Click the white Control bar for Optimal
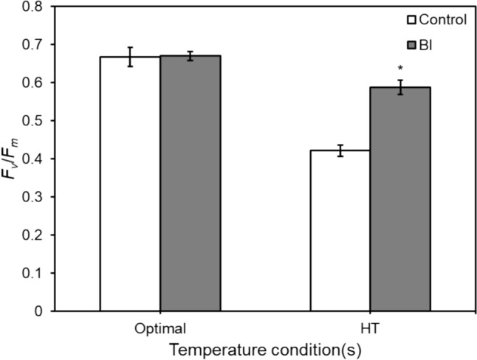(130, 184)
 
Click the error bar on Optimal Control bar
(130, 57)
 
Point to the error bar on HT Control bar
(340, 150)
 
